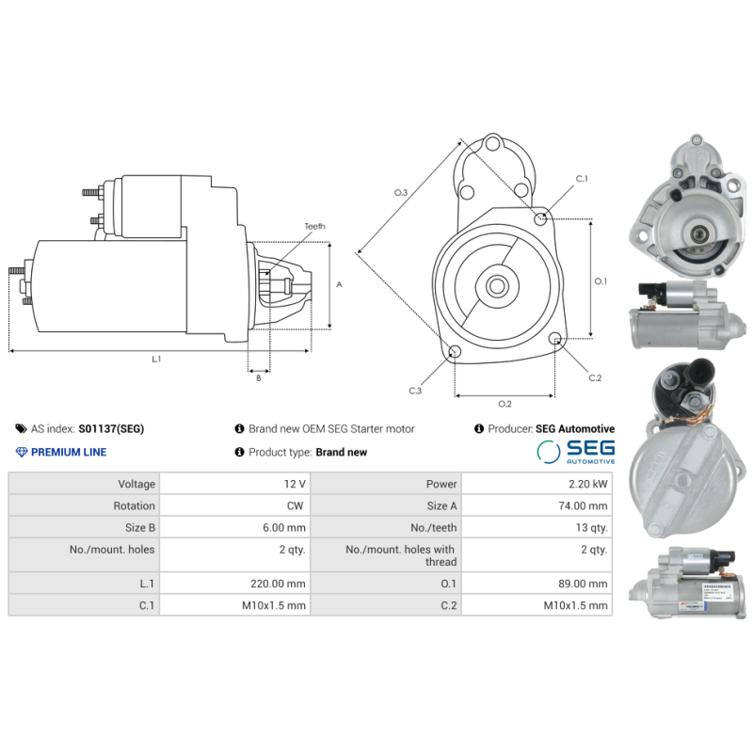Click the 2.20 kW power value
(588, 484)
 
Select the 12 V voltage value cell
(294, 484)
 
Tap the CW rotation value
(296, 505)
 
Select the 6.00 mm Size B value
(284, 528)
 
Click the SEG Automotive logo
(575, 452)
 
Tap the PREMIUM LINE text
(68, 452)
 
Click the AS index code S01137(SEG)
(111, 428)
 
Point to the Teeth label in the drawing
(314, 227)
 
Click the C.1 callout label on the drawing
(581, 179)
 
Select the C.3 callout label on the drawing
(415, 390)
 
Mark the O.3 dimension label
(400, 192)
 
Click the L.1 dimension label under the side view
(156, 359)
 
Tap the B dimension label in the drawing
(258, 378)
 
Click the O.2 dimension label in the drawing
(504, 404)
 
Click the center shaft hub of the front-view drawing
(495, 286)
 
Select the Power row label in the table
(441, 484)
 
